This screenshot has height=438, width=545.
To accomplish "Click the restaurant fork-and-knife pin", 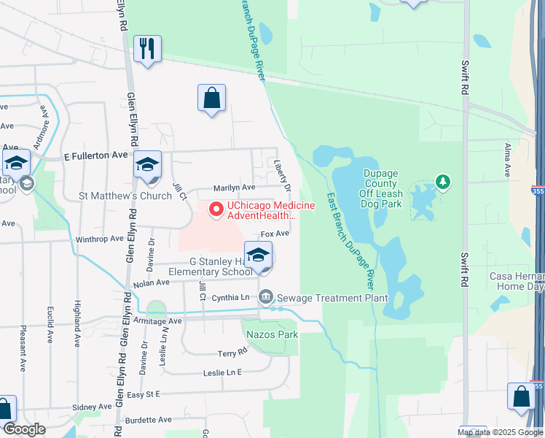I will tap(149, 50).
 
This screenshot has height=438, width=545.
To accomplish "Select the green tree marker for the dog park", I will tap(441, 180).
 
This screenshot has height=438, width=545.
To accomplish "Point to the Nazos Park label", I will tap(272, 334).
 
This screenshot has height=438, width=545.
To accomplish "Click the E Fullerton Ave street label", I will tap(96, 155).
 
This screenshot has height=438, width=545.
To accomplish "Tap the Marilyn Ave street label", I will tap(233, 188).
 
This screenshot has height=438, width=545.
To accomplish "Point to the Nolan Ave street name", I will tap(152, 283).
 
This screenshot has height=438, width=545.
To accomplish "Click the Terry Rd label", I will tap(233, 353).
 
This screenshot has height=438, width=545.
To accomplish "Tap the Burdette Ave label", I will tap(149, 420).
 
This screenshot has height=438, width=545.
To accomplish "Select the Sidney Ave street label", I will tap(92, 407).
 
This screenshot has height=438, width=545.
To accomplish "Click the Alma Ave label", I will tap(508, 160).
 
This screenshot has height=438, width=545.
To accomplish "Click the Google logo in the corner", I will tap(24, 429).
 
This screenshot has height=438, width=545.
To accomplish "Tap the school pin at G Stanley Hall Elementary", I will tap(259, 256).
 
